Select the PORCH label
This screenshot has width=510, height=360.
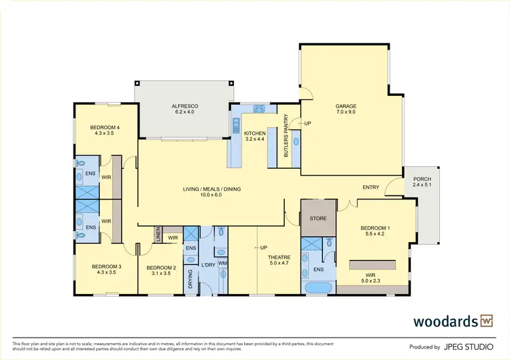(x=422, y=178)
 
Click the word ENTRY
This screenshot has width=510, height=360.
(x=371, y=187)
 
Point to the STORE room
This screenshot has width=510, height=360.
(x=318, y=218)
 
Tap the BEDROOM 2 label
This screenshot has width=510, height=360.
(x=161, y=268)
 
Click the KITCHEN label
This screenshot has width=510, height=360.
(x=255, y=133)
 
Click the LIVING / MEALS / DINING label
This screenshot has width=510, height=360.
(x=211, y=189)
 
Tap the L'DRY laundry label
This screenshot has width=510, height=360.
(x=207, y=264)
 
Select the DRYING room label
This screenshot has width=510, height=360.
(x=190, y=279)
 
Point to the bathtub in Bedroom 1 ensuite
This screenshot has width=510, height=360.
(x=318, y=288)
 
